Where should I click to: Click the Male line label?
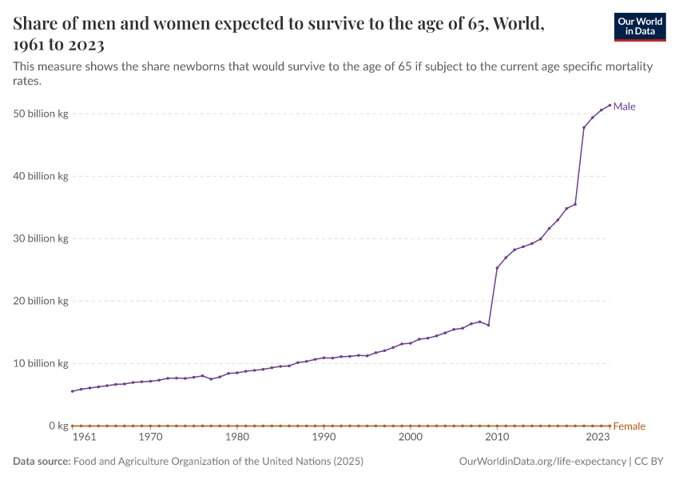(x=624, y=106)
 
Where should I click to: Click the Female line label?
(x=629, y=426)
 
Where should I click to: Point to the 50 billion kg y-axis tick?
(x=40, y=114)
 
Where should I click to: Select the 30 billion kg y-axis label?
(x=40, y=238)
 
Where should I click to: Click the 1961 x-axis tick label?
(x=84, y=438)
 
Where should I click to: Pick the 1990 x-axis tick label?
(x=324, y=438)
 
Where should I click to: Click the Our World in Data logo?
(x=639, y=27)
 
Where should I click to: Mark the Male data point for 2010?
(x=497, y=268)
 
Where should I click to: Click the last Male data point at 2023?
(x=610, y=105)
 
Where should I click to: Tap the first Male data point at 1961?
(x=73, y=391)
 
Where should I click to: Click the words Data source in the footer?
(x=42, y=462)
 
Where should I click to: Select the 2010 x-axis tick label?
(x=497, y=438)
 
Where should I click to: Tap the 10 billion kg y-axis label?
(x=40, y=363)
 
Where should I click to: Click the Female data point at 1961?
(x=73, y=426)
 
